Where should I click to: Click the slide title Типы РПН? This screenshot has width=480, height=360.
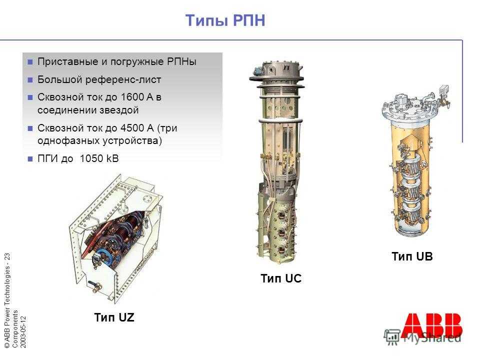point(225,20)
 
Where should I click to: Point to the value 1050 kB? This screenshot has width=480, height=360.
point(99,158)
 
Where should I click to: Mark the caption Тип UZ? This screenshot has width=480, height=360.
point(114,317)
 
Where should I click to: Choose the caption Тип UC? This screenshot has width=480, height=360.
point(281,278)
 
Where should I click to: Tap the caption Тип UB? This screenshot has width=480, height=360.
point(412,256)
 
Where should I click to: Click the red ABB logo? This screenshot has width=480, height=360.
point(432,325)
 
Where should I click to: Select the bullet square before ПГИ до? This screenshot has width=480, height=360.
point(30,159)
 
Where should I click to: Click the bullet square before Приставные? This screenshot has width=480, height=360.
point(30,62)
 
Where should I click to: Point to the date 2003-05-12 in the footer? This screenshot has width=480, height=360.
point(23,332)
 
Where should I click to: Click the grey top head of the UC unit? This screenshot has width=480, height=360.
point(277,71)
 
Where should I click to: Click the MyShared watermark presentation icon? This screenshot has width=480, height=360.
point(392,336)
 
